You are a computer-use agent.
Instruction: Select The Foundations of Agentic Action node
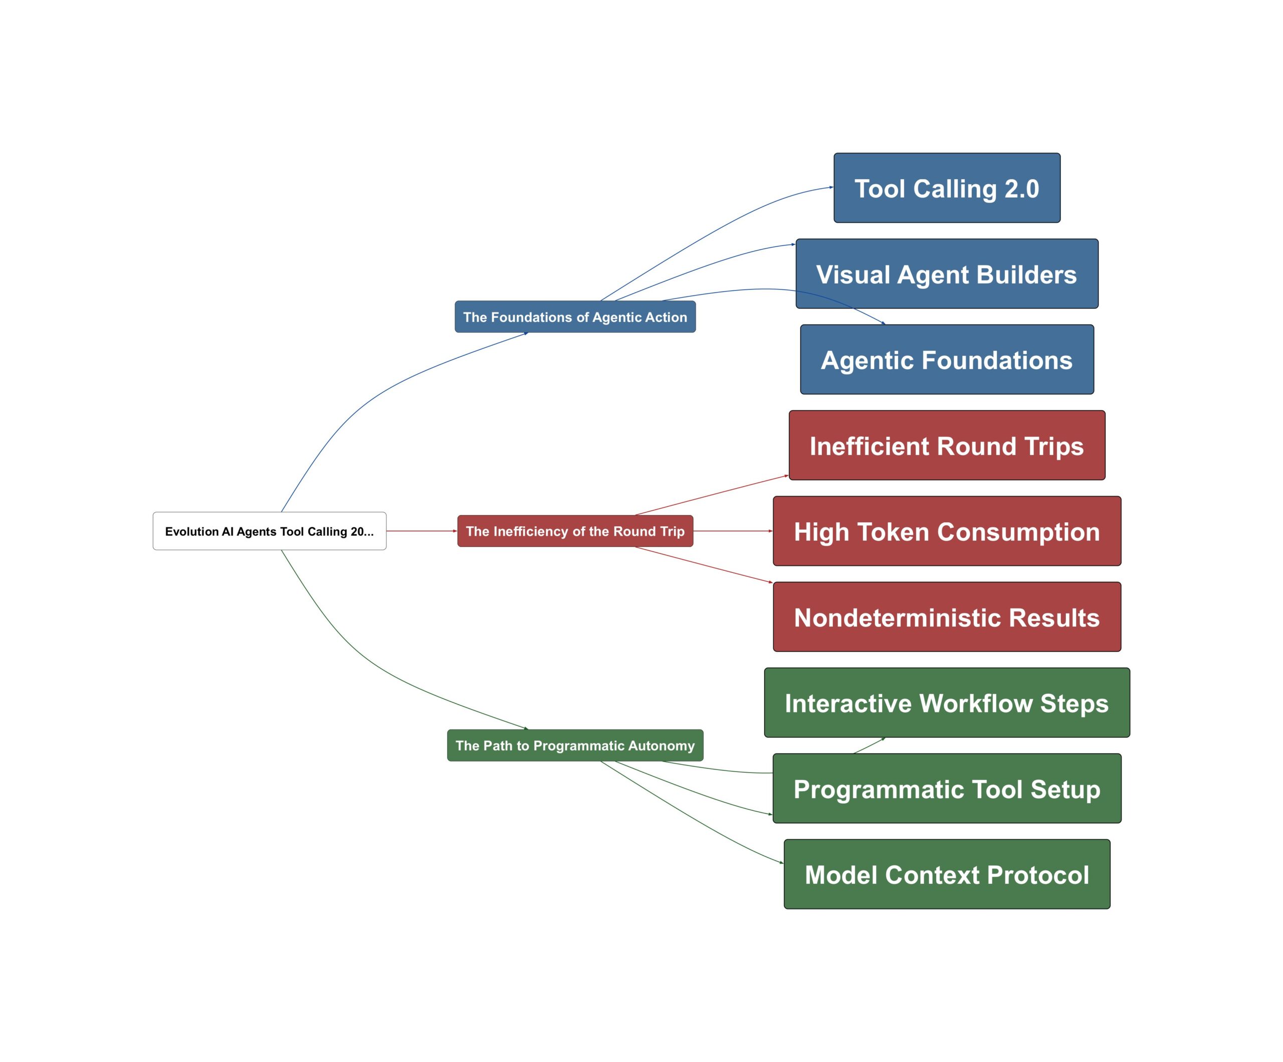(x=575, y=317)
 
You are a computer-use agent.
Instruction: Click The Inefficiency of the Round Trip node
(x=575, y=531)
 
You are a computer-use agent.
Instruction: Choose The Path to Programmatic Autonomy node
(x=575, y=745)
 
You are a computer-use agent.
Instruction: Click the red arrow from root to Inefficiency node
(x=421, y=531)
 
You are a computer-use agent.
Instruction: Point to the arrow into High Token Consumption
(x=733, y=531)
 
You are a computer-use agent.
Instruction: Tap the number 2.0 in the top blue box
(x=1021, y=189)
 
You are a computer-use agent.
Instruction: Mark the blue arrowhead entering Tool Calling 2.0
(x=831, y=187)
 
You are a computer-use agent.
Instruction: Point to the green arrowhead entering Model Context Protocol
(x=781, y=863)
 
